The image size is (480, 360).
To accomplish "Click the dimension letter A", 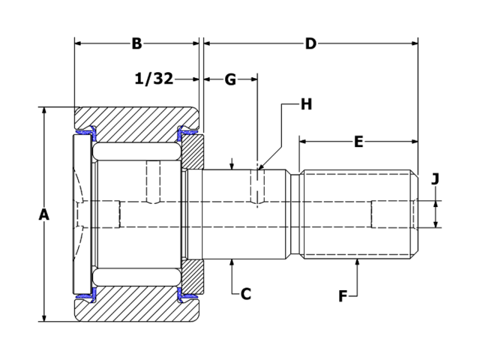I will point(43,214).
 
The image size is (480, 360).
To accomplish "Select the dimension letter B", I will point(136,43).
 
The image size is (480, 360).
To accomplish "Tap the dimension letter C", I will point(245,293).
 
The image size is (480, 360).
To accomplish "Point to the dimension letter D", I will point(310,43).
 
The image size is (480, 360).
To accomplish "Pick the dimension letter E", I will point(358,141).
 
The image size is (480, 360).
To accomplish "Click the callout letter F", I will point(343,296).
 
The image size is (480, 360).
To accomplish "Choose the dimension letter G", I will point(230,79).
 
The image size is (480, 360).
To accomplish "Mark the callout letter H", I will point(306,104).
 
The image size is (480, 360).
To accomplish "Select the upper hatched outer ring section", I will point(136,118).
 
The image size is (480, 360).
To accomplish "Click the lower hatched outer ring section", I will point(136,309).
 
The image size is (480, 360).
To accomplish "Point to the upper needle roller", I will point(136,150).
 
